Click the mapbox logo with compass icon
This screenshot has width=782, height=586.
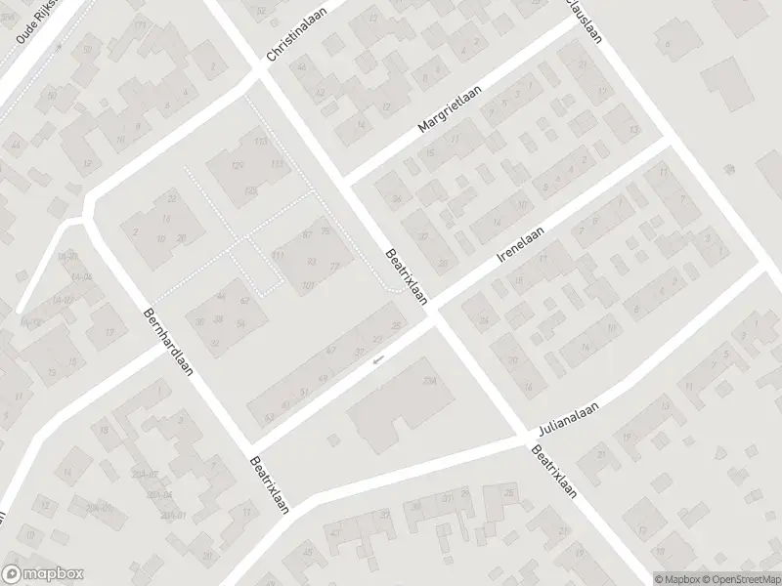tap(43, 574)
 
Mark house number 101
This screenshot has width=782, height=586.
tap(309, 286)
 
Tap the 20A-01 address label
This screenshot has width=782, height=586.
tap(174, 515)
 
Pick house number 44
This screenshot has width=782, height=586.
tap(221, 295)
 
